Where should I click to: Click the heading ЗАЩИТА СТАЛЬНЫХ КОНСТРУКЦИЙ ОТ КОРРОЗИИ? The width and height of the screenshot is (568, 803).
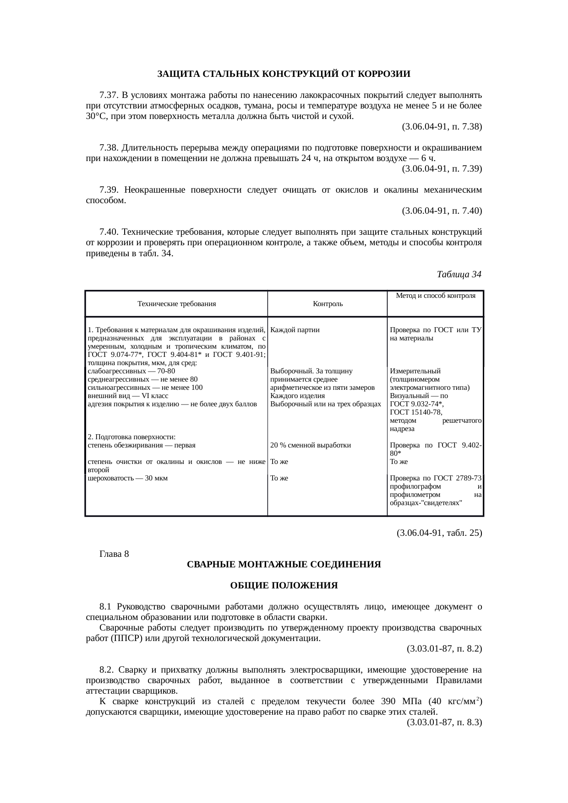(284, 74)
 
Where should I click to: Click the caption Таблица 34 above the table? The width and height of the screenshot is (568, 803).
(459, 275)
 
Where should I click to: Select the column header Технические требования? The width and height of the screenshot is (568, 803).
(176, 304)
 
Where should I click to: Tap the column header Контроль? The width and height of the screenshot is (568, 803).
(328, 304)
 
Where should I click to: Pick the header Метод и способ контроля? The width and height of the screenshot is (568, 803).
(435, 296)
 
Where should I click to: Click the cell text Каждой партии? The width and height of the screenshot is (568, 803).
(295, 330)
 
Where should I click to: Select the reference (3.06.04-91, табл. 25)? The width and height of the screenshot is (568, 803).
(439, 533)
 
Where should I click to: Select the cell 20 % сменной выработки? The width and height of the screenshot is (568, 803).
(311, 445)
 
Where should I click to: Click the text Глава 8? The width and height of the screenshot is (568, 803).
(114, 554)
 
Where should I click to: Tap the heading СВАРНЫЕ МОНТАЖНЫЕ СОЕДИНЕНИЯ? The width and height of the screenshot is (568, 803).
(284, 565)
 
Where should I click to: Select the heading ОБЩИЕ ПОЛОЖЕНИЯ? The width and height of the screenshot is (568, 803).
(284, 586)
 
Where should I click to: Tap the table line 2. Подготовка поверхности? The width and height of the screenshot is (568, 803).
(131, 437)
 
